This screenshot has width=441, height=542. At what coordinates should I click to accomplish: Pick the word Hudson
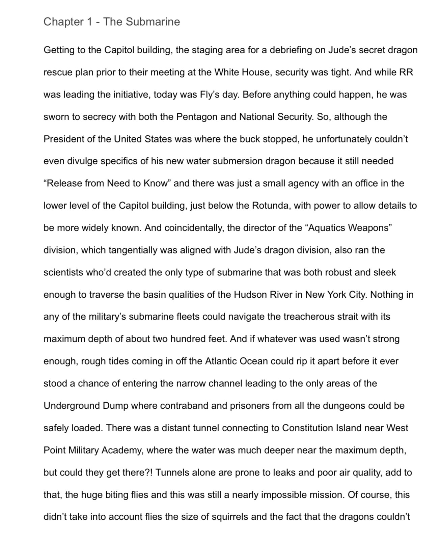250,295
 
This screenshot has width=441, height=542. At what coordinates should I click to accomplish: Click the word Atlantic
221,361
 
